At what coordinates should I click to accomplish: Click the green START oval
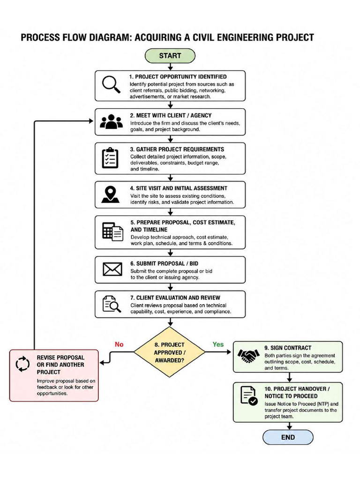(x=170, y=56)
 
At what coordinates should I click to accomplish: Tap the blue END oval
(x=288, y=437)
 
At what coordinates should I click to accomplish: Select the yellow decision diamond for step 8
(x=169, y=352)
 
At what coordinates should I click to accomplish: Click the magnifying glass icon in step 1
(x=111, y=84)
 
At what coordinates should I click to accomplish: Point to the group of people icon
(x=111, y=121)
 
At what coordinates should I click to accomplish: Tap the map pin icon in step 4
(x=110, y=195)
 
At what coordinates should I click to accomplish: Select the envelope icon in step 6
(x=112, y=269)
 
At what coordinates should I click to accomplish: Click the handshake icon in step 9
(x=248, y=356)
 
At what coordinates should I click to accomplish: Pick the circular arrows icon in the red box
(x=22, y=364)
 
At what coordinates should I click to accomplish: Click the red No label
(x=119, y=345)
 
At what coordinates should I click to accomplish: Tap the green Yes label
(x=218, y=345)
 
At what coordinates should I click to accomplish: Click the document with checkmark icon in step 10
(x=249, y=396)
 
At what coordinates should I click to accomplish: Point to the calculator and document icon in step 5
(x=112, y=232)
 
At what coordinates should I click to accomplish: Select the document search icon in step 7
(x=112, y=304)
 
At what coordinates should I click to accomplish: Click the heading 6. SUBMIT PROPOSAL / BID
(x=164, y=263)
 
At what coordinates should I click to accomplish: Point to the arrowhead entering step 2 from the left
(x=91, y=121)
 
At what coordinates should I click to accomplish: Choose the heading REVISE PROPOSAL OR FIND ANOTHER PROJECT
(x=60, y=365)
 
